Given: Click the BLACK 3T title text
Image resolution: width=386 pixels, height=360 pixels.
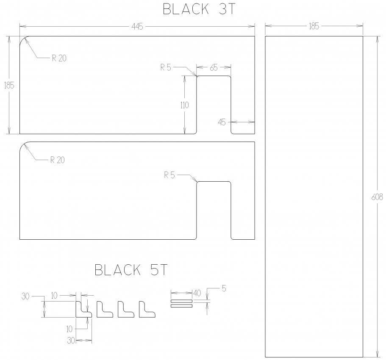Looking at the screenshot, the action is click(x=199, y=9).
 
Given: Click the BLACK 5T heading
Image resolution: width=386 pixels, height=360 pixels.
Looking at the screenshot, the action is click(x=131, y=270).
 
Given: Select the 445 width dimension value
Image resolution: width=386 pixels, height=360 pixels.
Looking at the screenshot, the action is click(x=137, y=27).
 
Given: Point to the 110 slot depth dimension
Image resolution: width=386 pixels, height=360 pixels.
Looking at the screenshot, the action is click(x=184, y=105).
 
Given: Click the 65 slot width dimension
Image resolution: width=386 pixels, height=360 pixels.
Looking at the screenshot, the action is click(x=214, y=68).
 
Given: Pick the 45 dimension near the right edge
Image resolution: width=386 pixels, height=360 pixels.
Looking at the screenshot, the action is click(x=222, y=122).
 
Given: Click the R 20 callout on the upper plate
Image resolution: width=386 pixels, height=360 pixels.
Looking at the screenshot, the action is click(x=59, y=58).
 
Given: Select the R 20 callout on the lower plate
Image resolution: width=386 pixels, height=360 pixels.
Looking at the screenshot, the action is click(x=57, y=160).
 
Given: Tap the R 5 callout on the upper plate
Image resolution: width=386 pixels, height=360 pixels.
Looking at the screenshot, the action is click(x=166, y=67).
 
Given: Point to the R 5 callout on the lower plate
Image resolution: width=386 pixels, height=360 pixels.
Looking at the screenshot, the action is click(x=169, y=175).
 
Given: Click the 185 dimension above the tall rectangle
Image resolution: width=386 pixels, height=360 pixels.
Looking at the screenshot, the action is click(x=314, y=26).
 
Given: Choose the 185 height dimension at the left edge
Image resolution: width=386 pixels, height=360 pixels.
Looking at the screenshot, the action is click(x=9, y=86).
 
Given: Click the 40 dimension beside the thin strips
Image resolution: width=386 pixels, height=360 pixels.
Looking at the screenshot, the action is click(x=197, y=293).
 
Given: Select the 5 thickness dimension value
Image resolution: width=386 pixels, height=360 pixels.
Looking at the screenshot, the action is click(x=224, y=289).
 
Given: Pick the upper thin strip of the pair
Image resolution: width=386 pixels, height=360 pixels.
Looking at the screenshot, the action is click(x=182, y=301).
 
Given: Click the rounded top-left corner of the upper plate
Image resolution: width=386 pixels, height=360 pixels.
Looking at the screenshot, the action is click(x=22, y=39).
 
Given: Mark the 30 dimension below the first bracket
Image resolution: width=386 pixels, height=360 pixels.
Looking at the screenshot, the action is click(x=71, y=341).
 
